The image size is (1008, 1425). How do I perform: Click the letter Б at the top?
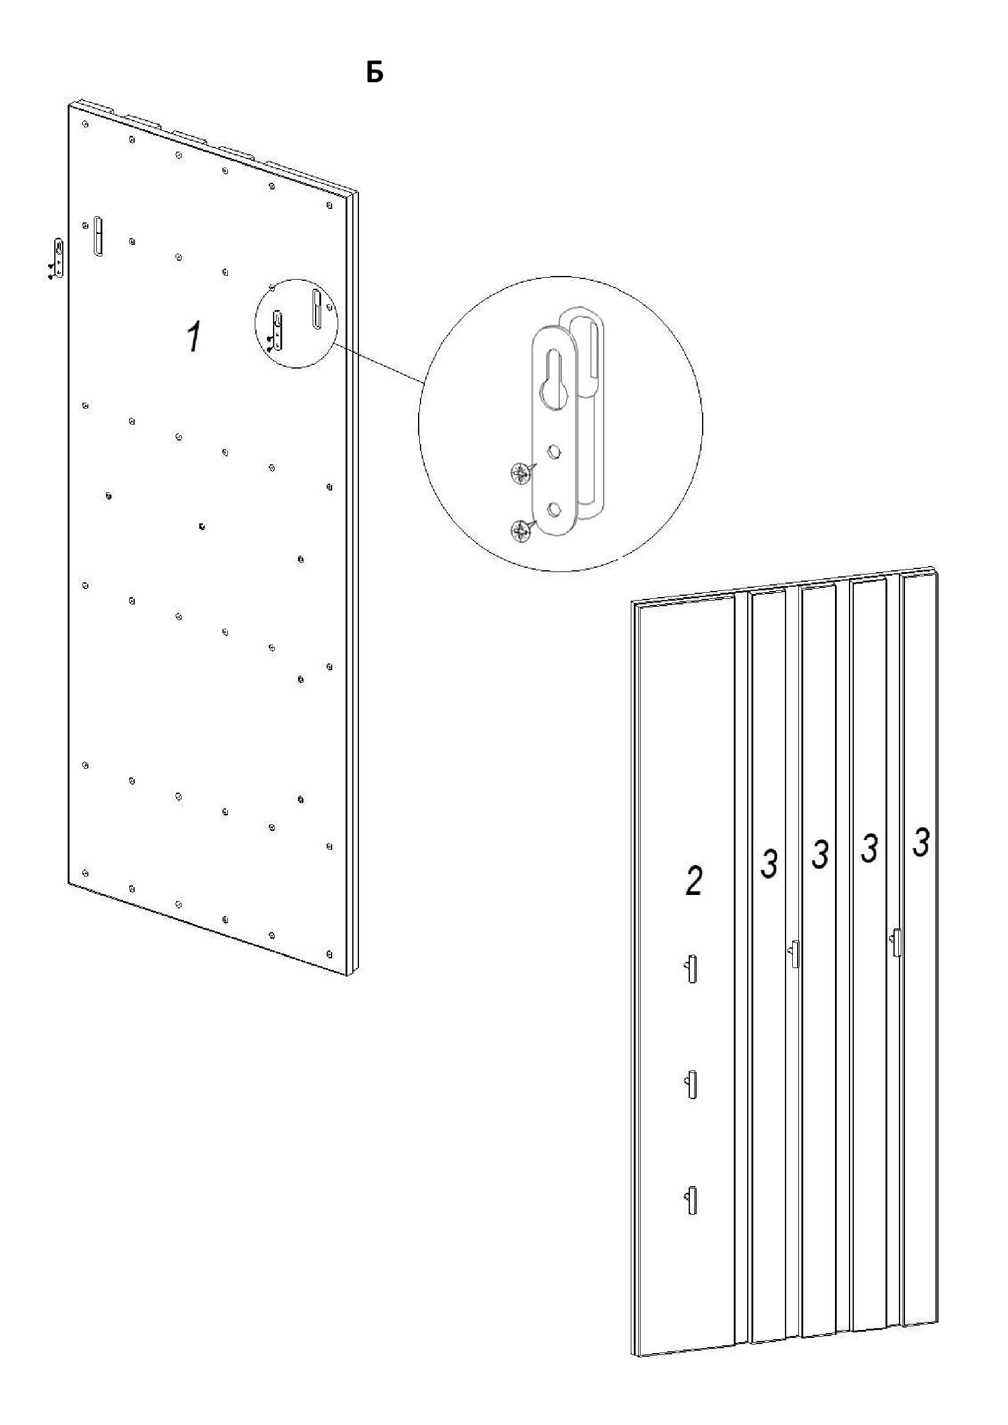(375, 72)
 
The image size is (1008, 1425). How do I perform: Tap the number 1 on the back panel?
(194, 337)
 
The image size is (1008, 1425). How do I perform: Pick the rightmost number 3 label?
(920, 843)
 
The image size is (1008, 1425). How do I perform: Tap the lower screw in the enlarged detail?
(519, 530)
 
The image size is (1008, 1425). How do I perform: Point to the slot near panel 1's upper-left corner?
(98, 236)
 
